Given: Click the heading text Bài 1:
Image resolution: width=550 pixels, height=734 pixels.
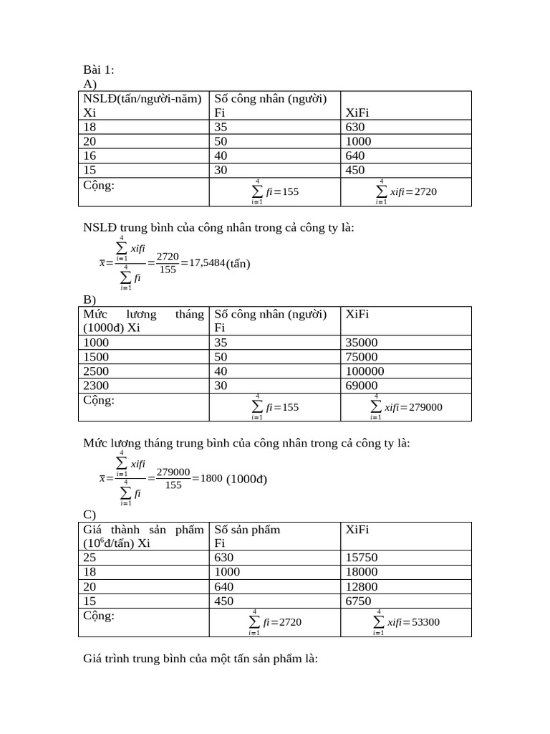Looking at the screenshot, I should click(x=98, y=70).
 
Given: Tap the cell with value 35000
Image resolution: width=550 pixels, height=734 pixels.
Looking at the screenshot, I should click(x=362, y=343).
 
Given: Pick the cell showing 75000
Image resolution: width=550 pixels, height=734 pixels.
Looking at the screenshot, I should click(x=362, y=357).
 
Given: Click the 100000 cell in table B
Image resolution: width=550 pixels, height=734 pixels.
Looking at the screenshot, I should click(x=365, y=371).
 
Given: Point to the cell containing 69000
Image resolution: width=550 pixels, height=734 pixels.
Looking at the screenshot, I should click(x=362, y=386).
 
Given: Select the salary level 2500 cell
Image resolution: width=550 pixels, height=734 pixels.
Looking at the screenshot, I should click(x=96, y=371).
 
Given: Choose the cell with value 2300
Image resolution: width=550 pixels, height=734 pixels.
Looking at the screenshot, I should click(x=96, y=386).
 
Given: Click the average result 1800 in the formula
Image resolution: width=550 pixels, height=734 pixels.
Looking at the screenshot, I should click(x=212, y=479).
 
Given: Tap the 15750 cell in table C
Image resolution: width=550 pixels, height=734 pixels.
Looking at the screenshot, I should click(x=362, y=558).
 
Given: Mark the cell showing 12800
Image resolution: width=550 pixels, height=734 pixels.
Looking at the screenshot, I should click(x=362, y=586).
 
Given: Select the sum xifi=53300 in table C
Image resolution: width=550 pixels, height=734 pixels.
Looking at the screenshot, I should click(x=406, y=622).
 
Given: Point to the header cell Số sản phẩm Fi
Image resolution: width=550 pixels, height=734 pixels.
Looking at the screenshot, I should click(x=247, y=536).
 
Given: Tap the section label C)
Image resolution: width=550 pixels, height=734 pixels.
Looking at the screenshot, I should click(x=90, y=515).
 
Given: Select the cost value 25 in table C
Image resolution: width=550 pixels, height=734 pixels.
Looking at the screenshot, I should click(x=90, y=558).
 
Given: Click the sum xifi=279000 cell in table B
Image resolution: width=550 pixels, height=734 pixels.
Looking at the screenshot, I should click(x=406, y=407).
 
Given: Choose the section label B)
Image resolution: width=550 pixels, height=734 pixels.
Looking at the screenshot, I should click(x=90, y=300).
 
